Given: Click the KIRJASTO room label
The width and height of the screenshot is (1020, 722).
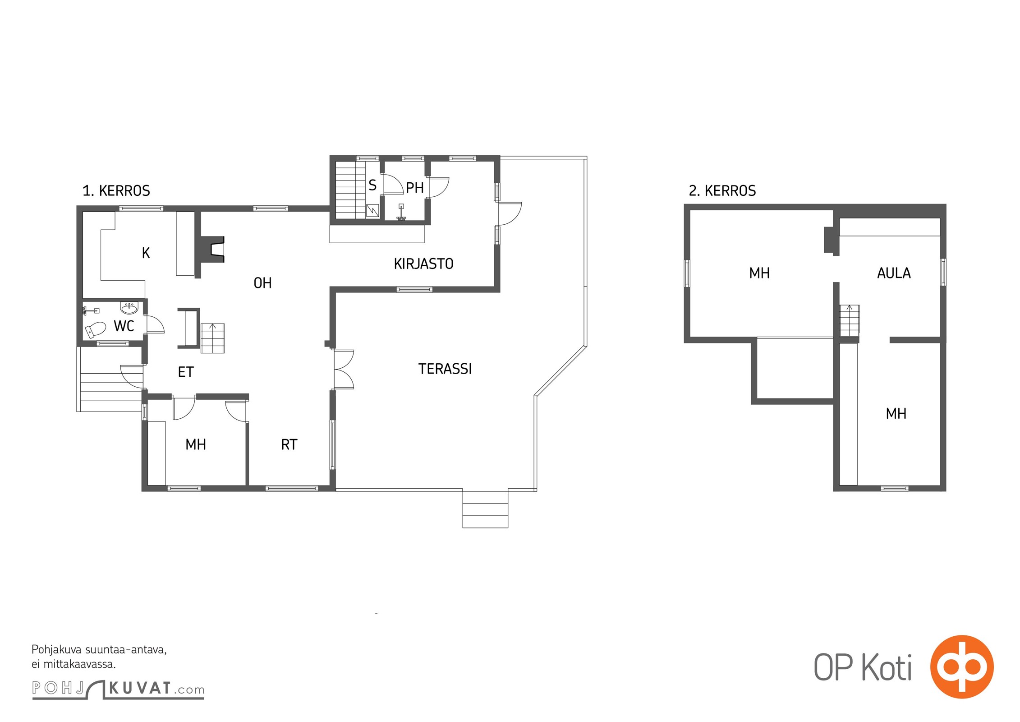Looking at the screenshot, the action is tap(423, 264).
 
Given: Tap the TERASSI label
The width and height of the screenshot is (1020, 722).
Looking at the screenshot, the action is tap(445, 369).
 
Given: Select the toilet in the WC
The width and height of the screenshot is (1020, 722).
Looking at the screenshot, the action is tap(95, 329).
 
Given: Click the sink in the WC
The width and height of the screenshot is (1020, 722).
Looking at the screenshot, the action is tap(130, 308).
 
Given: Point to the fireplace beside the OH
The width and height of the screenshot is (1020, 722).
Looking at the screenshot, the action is tap(213, 249).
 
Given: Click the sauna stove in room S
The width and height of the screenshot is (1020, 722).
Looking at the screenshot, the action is tap(372, 211).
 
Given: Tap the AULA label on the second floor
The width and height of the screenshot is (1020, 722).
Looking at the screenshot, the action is tap(894, 273).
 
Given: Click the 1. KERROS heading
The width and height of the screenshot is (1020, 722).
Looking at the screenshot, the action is tap(116, 191).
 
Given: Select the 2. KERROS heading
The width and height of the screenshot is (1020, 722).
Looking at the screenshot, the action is tap(722, 191).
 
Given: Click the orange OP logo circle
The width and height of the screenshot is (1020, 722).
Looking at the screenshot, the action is tap(962, 666).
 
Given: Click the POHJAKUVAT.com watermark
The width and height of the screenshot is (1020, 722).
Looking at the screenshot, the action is tap(118, 689).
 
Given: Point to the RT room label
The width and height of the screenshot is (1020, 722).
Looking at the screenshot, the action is tap(289, 445).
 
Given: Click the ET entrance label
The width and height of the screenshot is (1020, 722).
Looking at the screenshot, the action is tap(186, 372).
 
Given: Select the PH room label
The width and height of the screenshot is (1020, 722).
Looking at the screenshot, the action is tap(415, 188).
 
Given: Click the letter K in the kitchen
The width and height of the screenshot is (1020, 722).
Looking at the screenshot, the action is tap(146, 253).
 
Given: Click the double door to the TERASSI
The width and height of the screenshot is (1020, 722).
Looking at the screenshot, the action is tap(344, 369).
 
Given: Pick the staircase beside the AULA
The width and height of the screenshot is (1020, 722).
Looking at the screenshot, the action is tap(849, 321).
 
